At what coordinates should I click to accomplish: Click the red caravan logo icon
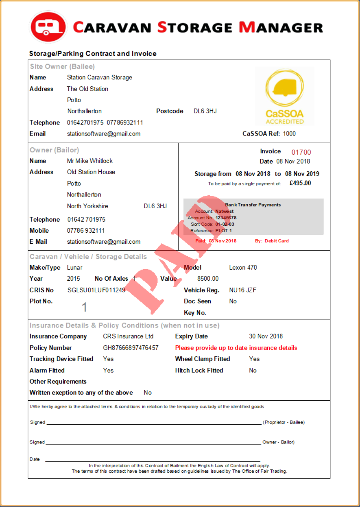[48, 27]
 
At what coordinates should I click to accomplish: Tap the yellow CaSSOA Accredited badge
[285, 96]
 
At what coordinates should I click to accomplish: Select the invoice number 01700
[301, 152]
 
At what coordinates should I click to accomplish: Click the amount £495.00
[300, 183]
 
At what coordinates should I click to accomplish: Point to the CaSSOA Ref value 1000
[289, 134]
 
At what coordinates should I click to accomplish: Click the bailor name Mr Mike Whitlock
[90, 161]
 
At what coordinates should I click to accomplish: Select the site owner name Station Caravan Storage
[99, 78]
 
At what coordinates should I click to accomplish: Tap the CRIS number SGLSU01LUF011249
[96, 290]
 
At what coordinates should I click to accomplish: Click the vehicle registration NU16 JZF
[242, 290]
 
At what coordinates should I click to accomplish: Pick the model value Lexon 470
[243, 268]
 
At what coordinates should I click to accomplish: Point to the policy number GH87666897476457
[130, 348]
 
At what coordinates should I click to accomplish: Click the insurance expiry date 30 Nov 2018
[266, 336]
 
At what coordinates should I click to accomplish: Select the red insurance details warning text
[236, 348]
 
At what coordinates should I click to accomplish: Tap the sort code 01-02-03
[225, 224]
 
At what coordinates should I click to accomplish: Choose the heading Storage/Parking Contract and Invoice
[93, 54]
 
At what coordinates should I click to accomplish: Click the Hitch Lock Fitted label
[199, 370]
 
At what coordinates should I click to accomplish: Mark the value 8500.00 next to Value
[208, 279]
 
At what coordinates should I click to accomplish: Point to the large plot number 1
[84, 307]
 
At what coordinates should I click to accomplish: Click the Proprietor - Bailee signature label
[283, 422]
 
